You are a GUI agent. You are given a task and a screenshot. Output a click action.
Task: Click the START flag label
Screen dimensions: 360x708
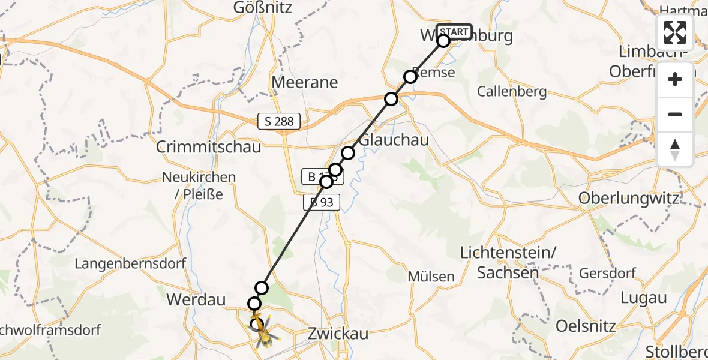[454, 31]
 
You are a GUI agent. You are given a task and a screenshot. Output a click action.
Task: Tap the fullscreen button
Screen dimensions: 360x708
[675, 32]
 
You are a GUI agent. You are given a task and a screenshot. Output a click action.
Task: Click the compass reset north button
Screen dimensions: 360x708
[675, 149]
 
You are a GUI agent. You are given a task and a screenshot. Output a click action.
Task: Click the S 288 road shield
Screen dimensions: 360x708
[279, 122]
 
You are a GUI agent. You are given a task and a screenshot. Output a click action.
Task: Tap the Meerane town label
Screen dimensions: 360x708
[305, 82]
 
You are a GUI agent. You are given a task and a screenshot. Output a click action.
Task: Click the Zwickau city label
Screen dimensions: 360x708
[333, 334]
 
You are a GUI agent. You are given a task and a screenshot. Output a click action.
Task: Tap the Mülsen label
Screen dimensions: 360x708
[431, 277]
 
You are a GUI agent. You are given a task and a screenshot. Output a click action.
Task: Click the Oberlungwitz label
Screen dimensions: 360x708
[628, 199]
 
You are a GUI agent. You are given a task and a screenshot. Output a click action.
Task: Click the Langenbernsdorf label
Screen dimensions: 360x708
[130, 263]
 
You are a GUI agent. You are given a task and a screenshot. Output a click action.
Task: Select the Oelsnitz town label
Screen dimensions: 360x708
[586, 326]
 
